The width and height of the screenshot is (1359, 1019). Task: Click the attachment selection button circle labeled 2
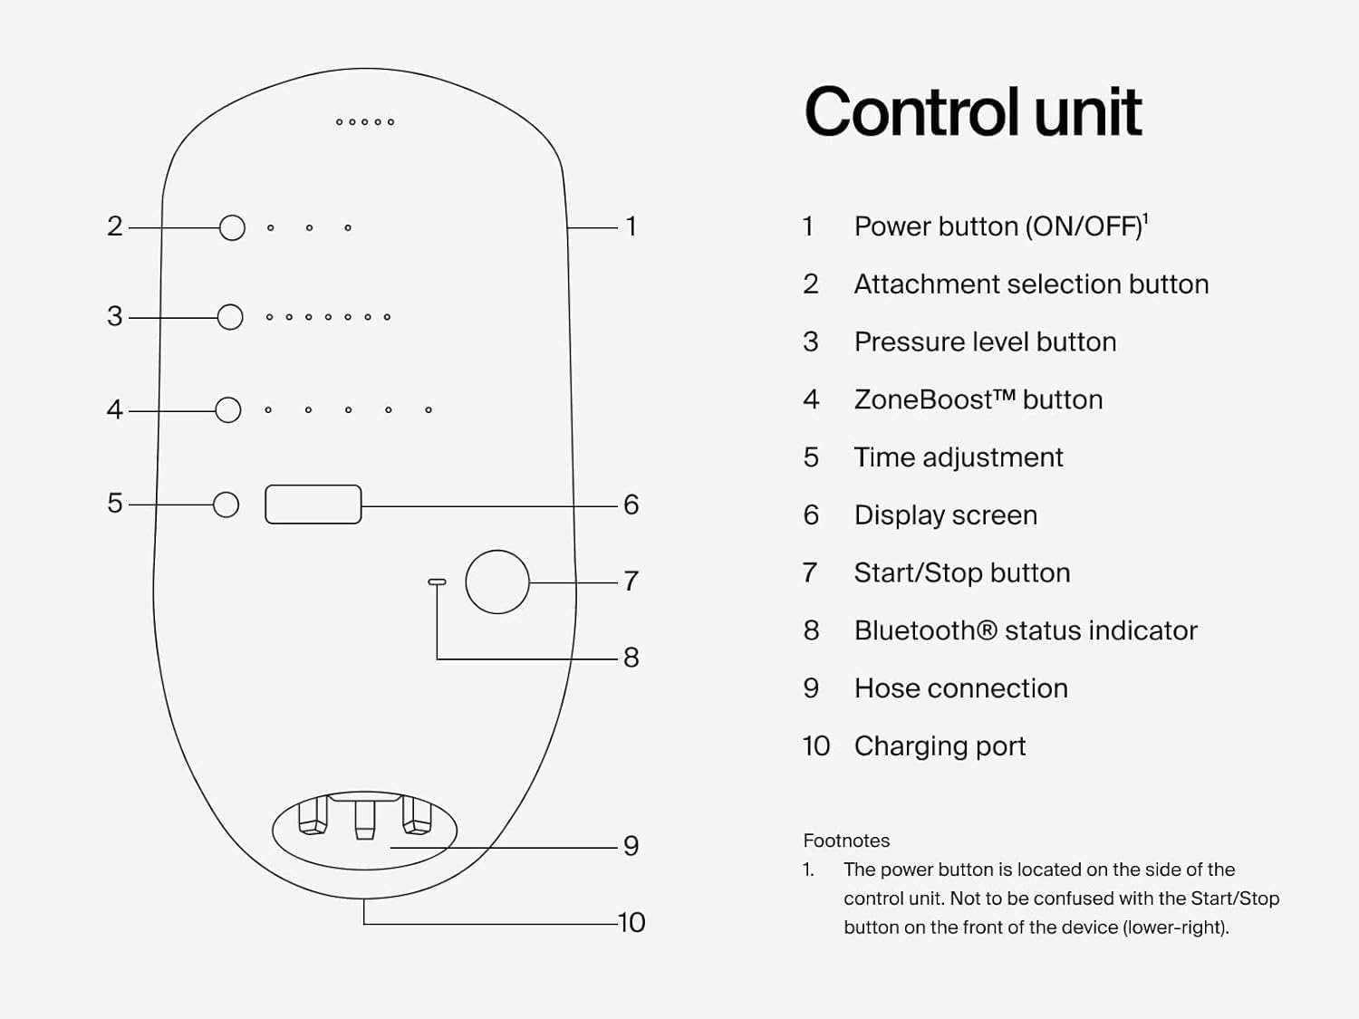[232, 227]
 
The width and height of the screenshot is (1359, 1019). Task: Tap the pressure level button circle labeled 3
[230, 317]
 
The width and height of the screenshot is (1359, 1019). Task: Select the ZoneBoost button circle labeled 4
[228, 409]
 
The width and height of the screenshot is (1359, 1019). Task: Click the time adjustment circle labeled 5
[226, 505]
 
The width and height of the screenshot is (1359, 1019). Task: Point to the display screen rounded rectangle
[313, 505]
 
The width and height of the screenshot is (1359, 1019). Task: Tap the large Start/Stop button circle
[497, 582]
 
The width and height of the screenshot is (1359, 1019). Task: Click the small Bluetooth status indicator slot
[437, 582]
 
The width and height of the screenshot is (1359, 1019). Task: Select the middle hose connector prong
[364, 819]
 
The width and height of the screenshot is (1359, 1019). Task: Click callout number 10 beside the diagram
[631, 922]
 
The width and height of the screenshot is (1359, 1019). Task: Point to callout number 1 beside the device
[631, 226]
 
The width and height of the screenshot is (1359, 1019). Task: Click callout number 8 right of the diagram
[631, 658]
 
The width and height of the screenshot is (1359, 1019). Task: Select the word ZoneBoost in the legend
[923, 399]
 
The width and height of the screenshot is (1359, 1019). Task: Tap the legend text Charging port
[940, 745]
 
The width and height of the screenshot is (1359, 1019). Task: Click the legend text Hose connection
[960, 688]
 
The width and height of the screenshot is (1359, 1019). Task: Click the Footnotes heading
[846, 841]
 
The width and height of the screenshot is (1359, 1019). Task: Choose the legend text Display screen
[945, 515]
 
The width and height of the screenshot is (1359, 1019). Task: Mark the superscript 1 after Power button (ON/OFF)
[1146, 218]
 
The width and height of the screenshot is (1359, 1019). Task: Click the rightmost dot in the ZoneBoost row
[429, 410]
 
